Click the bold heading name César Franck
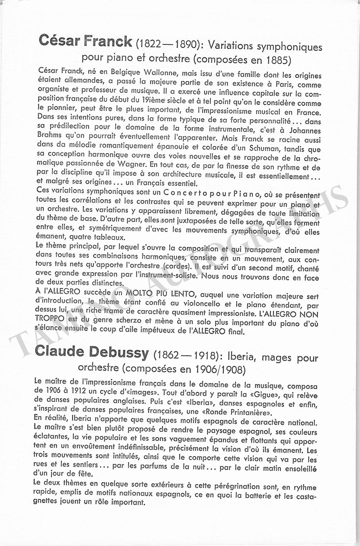[x=85, y=42]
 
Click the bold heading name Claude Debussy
[x=92, y=352]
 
